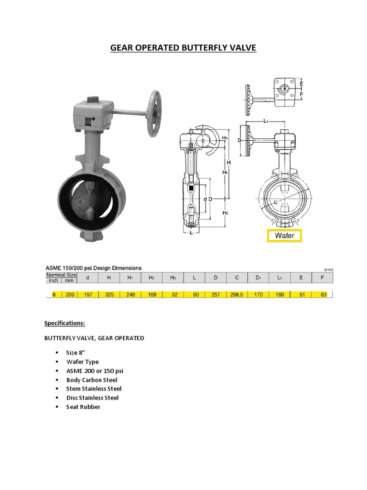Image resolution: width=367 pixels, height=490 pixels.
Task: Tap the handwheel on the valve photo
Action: point(154,113)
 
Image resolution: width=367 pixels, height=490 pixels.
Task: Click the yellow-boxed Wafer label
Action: point(284,235)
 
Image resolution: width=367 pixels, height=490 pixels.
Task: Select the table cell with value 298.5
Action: point(237,295)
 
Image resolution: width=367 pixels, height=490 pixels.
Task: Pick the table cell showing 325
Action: point(109,295)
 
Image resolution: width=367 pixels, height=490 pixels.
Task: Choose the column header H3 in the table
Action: point(174,278)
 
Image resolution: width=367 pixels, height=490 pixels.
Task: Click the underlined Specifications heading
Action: point(65,323)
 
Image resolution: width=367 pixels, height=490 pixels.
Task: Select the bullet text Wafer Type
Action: point(82,362)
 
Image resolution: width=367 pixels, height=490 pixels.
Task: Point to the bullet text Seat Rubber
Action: point(83,407)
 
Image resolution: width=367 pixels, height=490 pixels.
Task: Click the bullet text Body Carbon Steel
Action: point(92,380)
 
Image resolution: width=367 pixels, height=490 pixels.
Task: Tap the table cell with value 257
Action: point(216,295)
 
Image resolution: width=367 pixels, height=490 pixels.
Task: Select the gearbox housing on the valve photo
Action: point(92,115)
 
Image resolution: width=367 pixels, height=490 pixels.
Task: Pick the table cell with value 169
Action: point(151,295)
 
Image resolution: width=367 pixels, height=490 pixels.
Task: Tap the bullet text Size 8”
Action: point(77,353)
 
